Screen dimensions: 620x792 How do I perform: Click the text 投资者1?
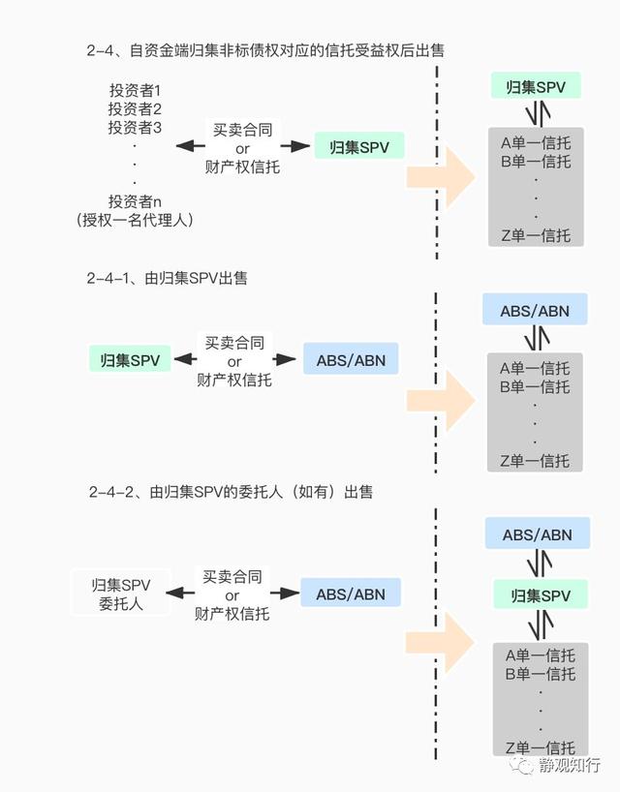[x=135, y=90]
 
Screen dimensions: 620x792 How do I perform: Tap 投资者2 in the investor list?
[x=135, y=108]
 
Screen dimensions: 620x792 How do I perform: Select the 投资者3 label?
[x=135, y=127]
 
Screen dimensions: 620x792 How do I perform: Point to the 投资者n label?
[x=135, y=201]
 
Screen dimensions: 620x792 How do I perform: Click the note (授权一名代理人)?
[x=135, y=220]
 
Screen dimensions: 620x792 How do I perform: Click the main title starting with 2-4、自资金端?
[x=265, y=50]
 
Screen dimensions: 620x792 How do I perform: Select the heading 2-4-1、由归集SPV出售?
[x=168, y=278]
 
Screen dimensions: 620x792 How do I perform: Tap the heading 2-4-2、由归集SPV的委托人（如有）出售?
[x=231, y=492]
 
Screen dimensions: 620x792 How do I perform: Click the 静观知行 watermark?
[x=556, y=765]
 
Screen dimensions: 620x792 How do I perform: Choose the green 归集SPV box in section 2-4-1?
[x=130, y=359]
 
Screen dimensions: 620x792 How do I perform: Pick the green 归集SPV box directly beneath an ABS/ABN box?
[x=541, y=594]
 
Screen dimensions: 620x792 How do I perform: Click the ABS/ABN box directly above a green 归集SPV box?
[x=537, y=533]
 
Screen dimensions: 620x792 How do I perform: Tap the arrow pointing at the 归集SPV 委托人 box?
[x=180, y=593]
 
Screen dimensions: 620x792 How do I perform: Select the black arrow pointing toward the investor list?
[x=191, y=146]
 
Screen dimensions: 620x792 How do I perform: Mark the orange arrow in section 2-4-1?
[x=441, y=401]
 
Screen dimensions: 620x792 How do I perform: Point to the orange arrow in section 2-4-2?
[x=440, y=643]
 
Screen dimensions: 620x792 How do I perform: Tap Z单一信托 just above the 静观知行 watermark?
[x=541, y=747]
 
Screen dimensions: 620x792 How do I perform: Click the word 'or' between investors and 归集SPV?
[x=242, y=148]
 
